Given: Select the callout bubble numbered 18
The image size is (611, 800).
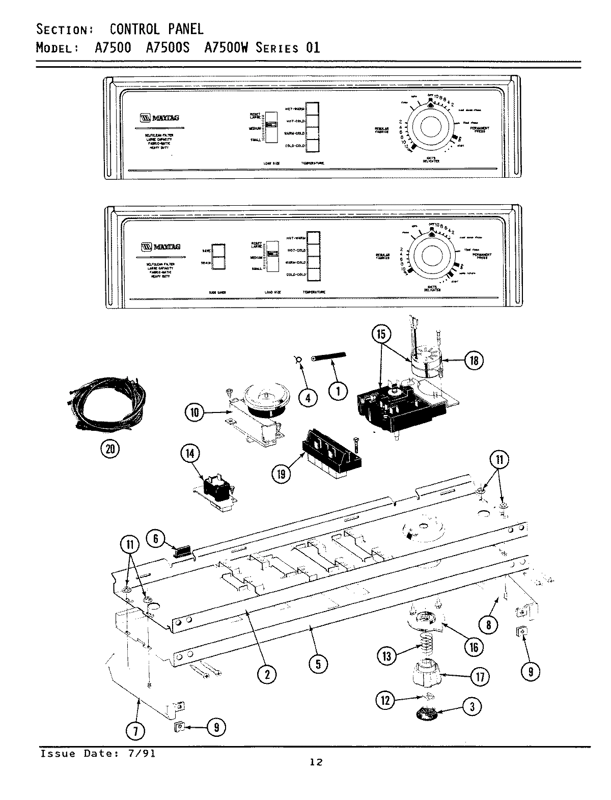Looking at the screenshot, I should pos(474,361).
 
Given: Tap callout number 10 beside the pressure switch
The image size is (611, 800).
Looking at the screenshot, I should pos(194,412).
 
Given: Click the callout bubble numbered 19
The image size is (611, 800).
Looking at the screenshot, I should pos(281,474).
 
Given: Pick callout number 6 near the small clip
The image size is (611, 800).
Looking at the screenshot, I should pos(156,539).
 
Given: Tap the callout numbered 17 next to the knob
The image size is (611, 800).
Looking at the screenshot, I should pos(480,676).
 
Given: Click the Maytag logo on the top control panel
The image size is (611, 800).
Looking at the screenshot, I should pos(159,118).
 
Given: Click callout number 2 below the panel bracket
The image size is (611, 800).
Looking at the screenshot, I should pos(266,675).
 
